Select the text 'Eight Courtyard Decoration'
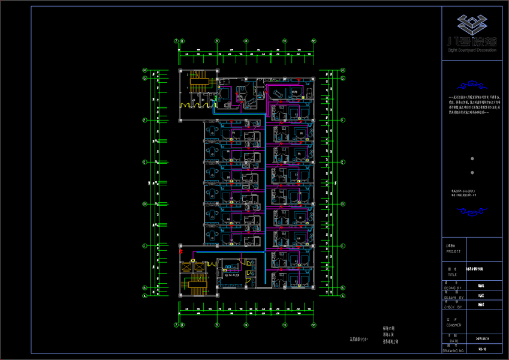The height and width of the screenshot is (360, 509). [x=473, y=50]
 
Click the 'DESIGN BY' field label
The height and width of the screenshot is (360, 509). [x=454, y=288]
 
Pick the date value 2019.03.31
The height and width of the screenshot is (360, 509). [x=483, y=340]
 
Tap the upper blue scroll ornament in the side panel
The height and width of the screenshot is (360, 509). [x=472, y=85]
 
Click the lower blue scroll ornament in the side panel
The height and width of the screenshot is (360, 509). [x=472, y=211]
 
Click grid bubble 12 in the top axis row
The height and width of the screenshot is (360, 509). [x=314, y=41]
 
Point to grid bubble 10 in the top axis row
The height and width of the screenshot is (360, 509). [x=246, y=41]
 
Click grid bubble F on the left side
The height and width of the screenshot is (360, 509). [x=144, y=120]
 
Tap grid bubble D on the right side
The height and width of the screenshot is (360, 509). [x=343, y=204]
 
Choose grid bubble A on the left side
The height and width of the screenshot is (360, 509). [x=144, y=295]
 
